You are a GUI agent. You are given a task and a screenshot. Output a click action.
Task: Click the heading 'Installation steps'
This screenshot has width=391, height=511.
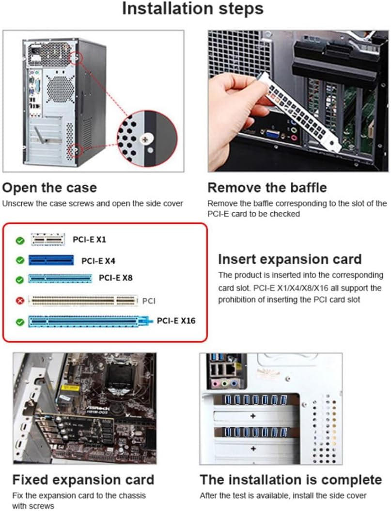(193, 9)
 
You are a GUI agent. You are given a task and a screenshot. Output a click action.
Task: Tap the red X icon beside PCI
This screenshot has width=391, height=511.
(20, 301)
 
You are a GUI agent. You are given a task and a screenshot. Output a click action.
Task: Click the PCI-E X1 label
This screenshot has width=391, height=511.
(89, 240)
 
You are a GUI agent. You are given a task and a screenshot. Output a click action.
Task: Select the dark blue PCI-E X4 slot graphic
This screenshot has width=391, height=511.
(51, 260)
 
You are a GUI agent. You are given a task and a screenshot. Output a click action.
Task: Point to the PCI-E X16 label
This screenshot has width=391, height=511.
(176, 320)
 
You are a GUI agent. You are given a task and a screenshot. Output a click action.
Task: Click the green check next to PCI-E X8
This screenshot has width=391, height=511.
(20, 280)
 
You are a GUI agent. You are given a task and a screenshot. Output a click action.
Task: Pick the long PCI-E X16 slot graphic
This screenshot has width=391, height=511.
(90, 321)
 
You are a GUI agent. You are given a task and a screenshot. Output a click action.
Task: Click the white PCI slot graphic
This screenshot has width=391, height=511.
(83, 301)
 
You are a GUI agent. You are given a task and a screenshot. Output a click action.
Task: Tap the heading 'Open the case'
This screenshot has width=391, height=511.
(49, 188)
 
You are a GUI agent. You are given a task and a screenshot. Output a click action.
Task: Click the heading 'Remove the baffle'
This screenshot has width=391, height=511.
(267, 188)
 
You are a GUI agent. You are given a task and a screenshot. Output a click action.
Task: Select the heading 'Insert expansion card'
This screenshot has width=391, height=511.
(290, 259)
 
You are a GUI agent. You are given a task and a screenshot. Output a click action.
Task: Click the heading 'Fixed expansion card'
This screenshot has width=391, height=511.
(83, 479)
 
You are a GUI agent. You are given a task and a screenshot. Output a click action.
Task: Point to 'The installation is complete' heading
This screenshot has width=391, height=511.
(291, 479)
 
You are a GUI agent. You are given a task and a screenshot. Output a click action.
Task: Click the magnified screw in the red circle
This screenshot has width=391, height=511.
(145, 140)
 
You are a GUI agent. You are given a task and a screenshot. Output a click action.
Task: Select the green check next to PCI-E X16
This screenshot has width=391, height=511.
(20, 322)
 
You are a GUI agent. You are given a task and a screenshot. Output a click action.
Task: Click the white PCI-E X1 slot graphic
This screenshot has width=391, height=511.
(47, 240)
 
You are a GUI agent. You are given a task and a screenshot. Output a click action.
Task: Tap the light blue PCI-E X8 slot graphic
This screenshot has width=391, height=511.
(60, 278)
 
